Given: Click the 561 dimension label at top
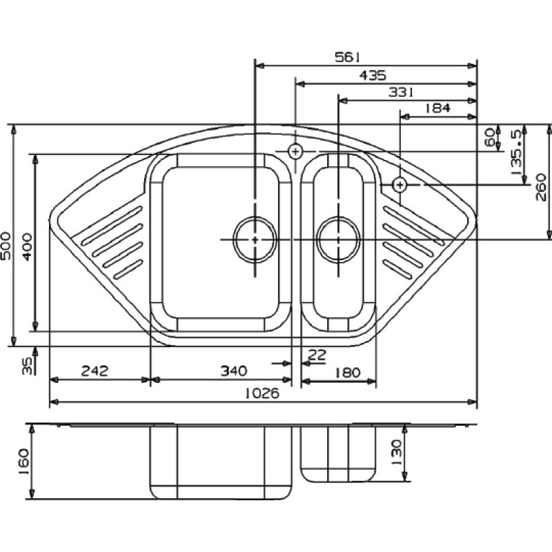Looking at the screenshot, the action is pos(347,57).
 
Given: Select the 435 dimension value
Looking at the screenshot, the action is pos(373,75).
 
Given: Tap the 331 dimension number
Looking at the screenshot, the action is pos(401,92).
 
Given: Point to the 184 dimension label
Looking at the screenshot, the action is pos(437,108).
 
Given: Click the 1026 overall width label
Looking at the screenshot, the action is pos(262,393).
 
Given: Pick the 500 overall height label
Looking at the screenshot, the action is pos(6,246).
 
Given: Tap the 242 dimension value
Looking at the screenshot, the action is pos(95,371).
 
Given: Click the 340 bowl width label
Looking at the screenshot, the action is pos(234,371).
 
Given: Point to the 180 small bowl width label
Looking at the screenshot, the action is pos(347,372).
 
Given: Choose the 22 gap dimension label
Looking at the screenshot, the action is pos(317,355).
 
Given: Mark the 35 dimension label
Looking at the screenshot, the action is pos(27,366).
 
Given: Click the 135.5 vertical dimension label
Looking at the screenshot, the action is pos(515,152).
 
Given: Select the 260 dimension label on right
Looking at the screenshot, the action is pos(541,187).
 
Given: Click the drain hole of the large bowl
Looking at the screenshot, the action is pos(255,239).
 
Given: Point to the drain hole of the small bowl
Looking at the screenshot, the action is pos(339,239).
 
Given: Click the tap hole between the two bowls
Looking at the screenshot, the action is pos(295,152).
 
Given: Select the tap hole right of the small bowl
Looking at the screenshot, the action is pos(400,184).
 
